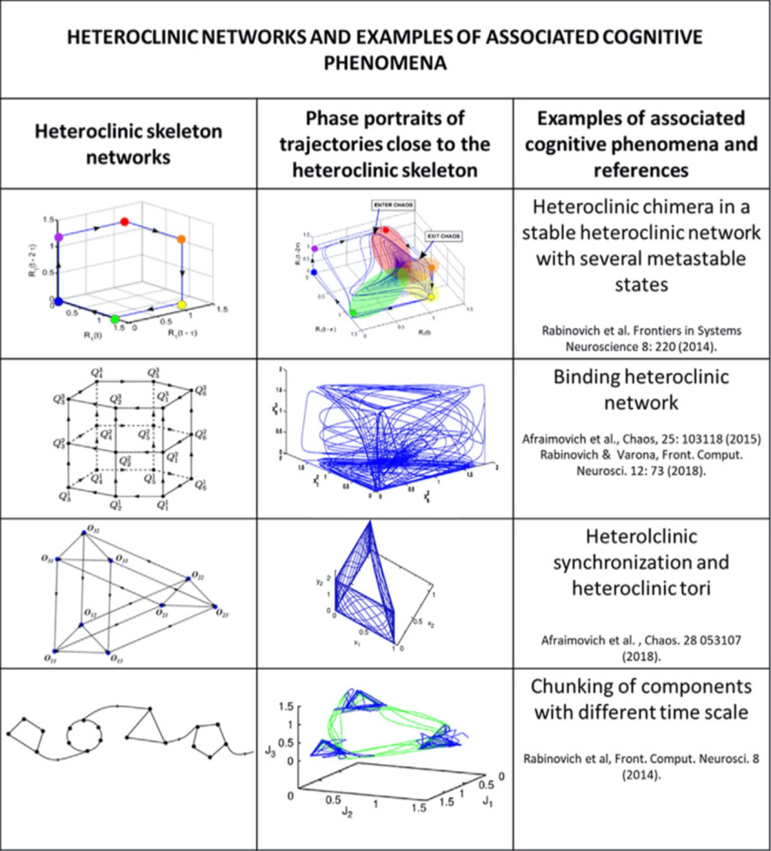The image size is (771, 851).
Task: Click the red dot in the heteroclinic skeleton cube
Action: (x=125, y=222)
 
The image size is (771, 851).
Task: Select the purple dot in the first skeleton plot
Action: (x=59, y=237)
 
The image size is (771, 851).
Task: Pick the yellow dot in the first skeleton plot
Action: (x=181, y=305)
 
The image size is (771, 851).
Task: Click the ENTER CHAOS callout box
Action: (x=393, y=205)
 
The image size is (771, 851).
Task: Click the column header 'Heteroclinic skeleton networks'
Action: (x=128, y=143)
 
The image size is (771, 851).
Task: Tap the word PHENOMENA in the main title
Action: (x=385, y=63)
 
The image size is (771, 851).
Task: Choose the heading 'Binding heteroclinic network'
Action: (x=641, y=389)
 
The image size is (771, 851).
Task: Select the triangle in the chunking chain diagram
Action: (x=145, y=726)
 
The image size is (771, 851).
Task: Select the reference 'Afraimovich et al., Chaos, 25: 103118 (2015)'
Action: (x=641, y=439)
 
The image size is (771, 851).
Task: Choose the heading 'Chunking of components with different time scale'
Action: (x=641, y=699)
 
